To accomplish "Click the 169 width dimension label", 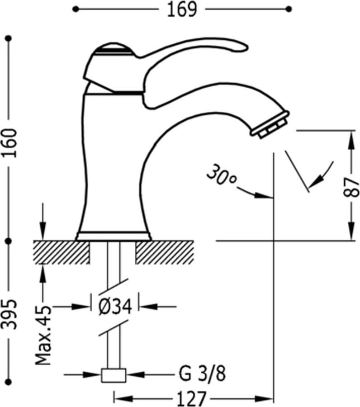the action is pyautogui.click(x=182, y=9).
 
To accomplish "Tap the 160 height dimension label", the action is pyautogui.click(x=9, y=143).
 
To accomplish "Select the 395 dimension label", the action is pyautogui.click(x=9, y=314).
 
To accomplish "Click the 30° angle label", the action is pyautogui.click(x=221, y=175).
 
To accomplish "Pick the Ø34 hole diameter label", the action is pyautogui.click(x=115, y=307).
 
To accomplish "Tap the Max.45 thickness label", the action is pyautogui.click(x=43, y=336).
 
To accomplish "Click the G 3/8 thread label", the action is pyautogui.click(x=202, y=374).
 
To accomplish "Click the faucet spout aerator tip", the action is pyautogui.click(x=270, y=126).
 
